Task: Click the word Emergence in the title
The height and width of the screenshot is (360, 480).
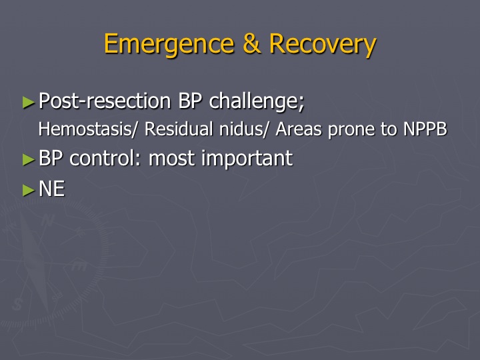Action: point(169,45)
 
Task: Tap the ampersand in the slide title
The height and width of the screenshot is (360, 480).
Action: point(251,43)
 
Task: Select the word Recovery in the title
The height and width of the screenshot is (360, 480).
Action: point(323,45)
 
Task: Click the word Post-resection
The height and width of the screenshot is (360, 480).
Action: point(105,101)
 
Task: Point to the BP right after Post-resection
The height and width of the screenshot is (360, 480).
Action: point(190,101)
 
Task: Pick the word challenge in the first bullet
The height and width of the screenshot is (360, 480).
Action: point(257,102)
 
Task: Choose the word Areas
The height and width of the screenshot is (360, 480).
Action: point(299,129)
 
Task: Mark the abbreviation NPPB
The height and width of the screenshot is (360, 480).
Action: point(425,129)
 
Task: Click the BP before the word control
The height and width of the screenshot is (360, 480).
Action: point(51,158)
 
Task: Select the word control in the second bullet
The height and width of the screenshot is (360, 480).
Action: point(105,158)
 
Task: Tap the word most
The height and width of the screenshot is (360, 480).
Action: point(171,159)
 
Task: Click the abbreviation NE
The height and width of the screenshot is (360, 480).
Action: point(52,189)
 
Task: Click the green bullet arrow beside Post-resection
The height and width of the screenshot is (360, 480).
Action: point(29,103)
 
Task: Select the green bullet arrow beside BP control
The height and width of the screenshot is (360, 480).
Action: point(29,160)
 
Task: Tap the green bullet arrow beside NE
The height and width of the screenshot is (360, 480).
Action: point(29,191)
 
